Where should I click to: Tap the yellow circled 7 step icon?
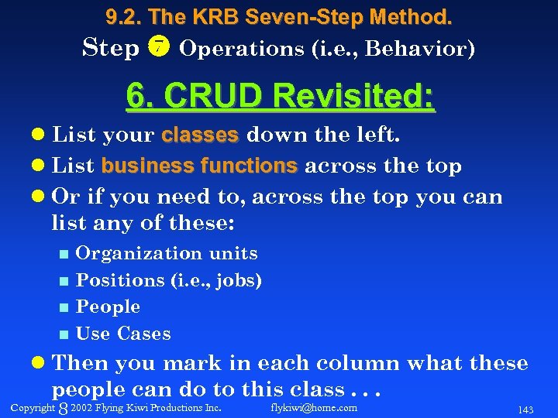[x=158, y=48]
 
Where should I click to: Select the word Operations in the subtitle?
[x=228, y=49]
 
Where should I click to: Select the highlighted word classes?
[x=200, y=136]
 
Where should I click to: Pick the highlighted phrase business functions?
[x=199, y=166]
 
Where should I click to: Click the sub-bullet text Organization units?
[x=167, y=253]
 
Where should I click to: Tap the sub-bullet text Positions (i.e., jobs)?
[x=169, y=280]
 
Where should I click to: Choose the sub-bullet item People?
[x=108, y=307]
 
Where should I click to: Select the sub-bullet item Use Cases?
[x=123, y=334]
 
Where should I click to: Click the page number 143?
[x=525, y=408]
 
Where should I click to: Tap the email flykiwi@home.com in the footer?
[x=314, y=407]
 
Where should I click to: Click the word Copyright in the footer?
[x=33, y=407]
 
